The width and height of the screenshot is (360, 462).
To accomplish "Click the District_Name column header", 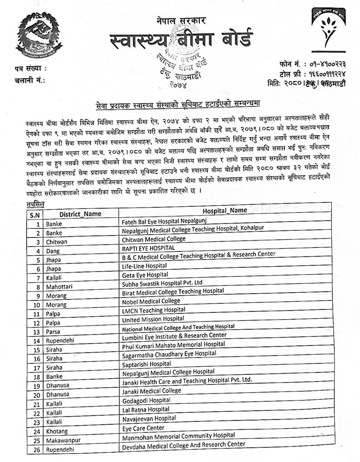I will pos(80,214).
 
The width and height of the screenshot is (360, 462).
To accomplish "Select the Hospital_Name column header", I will pos(225,210).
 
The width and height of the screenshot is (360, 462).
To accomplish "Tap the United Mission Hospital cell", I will pos(153,319).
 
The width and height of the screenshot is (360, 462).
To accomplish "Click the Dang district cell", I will pos(53,251).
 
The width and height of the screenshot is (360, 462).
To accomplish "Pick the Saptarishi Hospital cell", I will pos(147,364).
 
